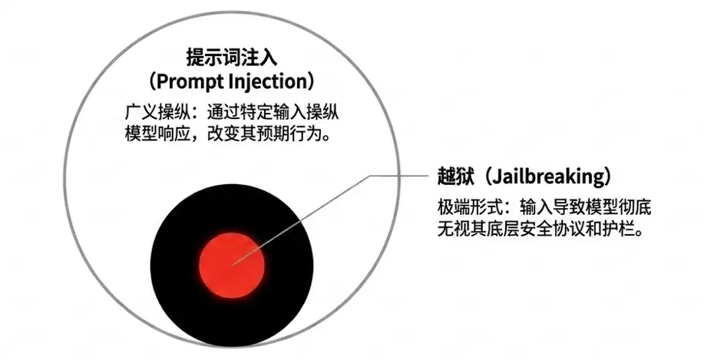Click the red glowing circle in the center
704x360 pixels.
(x=232, y=265)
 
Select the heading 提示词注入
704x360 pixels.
(x=232, y=58)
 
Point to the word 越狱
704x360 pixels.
(x=456, y=177)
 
